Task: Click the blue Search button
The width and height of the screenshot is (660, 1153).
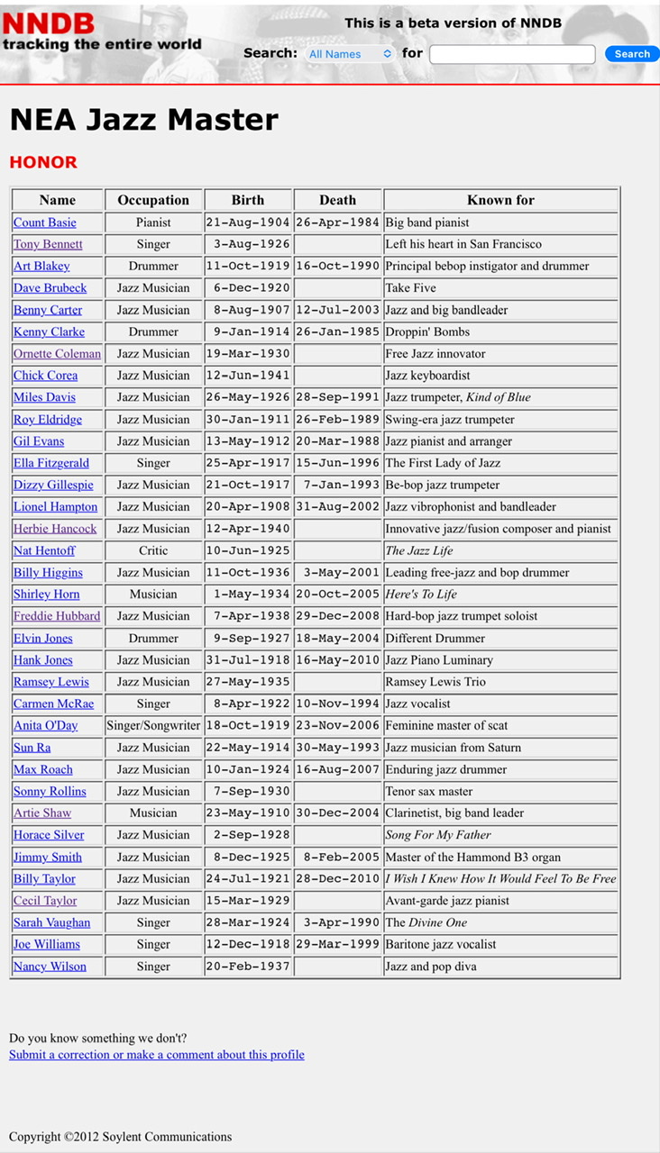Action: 631,54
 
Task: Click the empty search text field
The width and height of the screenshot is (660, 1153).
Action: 512,54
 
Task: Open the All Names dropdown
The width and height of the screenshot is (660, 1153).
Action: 350,54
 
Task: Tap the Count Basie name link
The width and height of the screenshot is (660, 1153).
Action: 45,222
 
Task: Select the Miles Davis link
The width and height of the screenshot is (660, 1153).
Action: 44,397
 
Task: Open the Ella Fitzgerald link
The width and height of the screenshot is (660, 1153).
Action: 51,463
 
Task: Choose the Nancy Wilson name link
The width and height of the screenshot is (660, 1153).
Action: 50,967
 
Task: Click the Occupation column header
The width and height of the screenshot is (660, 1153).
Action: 153,200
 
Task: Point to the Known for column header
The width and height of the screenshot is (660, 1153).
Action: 500,200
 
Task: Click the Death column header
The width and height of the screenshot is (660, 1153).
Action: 337,200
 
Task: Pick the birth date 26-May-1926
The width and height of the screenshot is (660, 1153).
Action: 248,397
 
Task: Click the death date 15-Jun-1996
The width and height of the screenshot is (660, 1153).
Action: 337,463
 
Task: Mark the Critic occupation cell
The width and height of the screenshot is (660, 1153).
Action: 153,550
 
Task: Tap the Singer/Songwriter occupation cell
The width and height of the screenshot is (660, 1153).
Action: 153,725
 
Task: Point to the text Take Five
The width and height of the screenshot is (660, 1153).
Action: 410,288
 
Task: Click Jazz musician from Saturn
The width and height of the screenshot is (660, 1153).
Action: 453,748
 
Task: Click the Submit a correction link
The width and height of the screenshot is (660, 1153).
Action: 157,1055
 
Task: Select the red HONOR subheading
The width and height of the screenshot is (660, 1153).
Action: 43,162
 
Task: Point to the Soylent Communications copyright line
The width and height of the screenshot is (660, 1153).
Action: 120,1137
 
